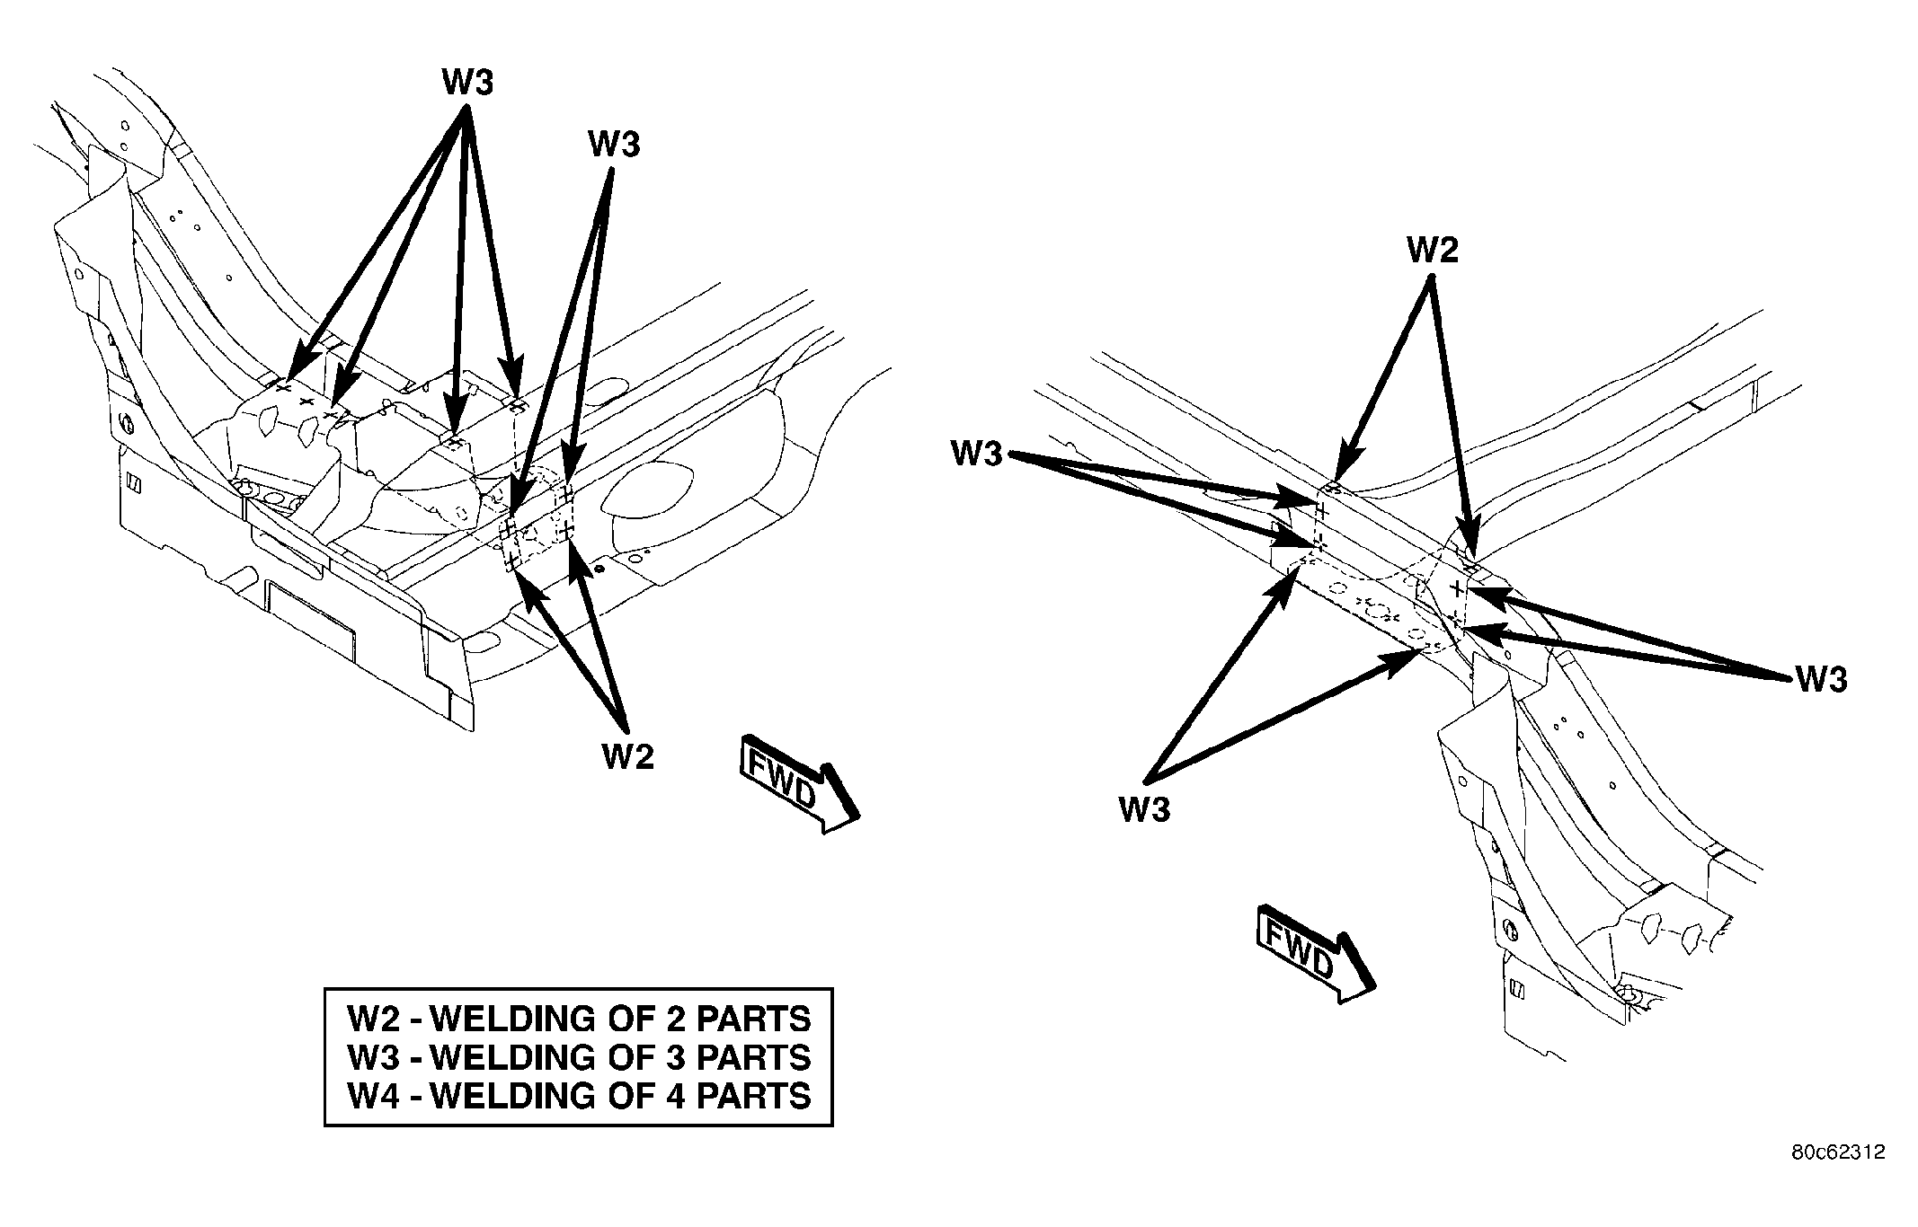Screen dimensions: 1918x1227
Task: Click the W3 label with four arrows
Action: point(467,83)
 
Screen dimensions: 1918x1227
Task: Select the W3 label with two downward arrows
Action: point(614,143)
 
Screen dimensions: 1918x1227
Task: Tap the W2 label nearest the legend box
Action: point(628,756)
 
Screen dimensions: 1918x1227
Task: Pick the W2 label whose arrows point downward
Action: point(1433,250)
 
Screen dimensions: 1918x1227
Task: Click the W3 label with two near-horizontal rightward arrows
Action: point(978,454)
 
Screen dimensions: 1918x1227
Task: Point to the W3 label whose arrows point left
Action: point(1822,680)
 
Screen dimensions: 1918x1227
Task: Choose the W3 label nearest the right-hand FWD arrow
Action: point(1145,809)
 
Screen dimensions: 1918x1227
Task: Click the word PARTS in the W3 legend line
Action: point(753,1057)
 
